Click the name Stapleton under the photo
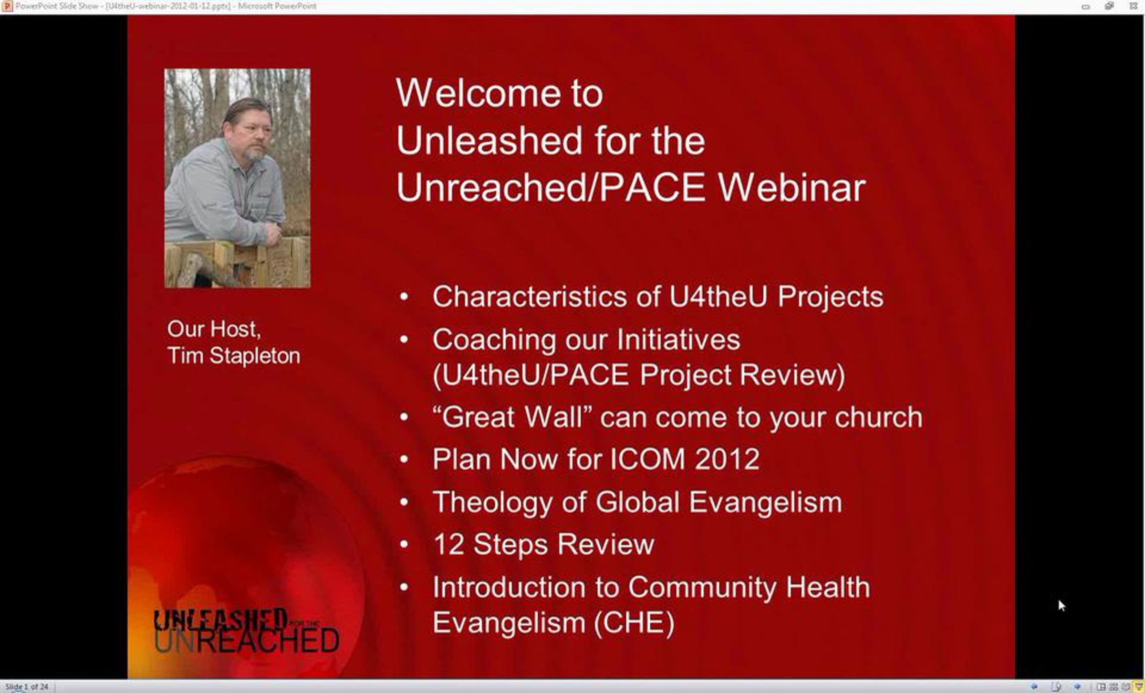(255, 356)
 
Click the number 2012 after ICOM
(727, 459)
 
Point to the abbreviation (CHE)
(634, 623)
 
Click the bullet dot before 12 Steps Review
(404, 545)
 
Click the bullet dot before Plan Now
(404, 459)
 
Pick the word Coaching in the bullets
(494, 340)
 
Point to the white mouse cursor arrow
(1062, 606)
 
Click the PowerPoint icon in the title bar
(7, 6)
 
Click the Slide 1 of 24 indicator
(27, 687)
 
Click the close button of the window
(1134, 6)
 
